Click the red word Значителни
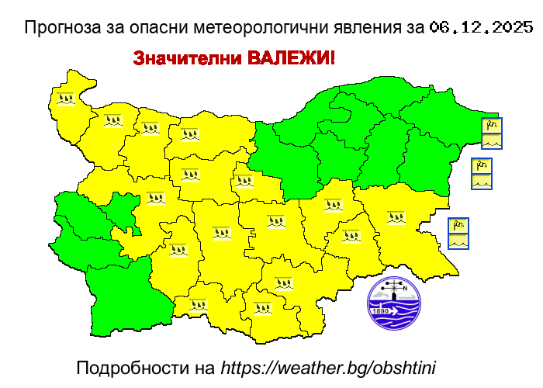click(x=187, y=59)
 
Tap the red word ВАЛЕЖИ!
click(x=291, y=59)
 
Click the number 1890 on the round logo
click(x=381, y=311)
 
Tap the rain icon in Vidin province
click(x=66, y=99)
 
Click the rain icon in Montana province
click(x=113, y=120)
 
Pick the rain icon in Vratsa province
click(x=150, y=128)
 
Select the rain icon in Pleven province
click(x=190, y=134)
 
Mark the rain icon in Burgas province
click(x=396, y=217)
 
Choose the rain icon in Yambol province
click(x=351, y=236)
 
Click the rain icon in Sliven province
click(x=333, y=206)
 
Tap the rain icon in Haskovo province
click(x=283, y=283)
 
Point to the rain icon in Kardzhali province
click(x=263, y=307)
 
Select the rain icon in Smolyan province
click(x=199, y=306)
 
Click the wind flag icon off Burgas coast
click(x=458, y=226)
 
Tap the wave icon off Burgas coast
click(x=458, y=241)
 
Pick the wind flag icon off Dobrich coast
click(x=492, y=125)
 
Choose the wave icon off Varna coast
click(x=482, y=182)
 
